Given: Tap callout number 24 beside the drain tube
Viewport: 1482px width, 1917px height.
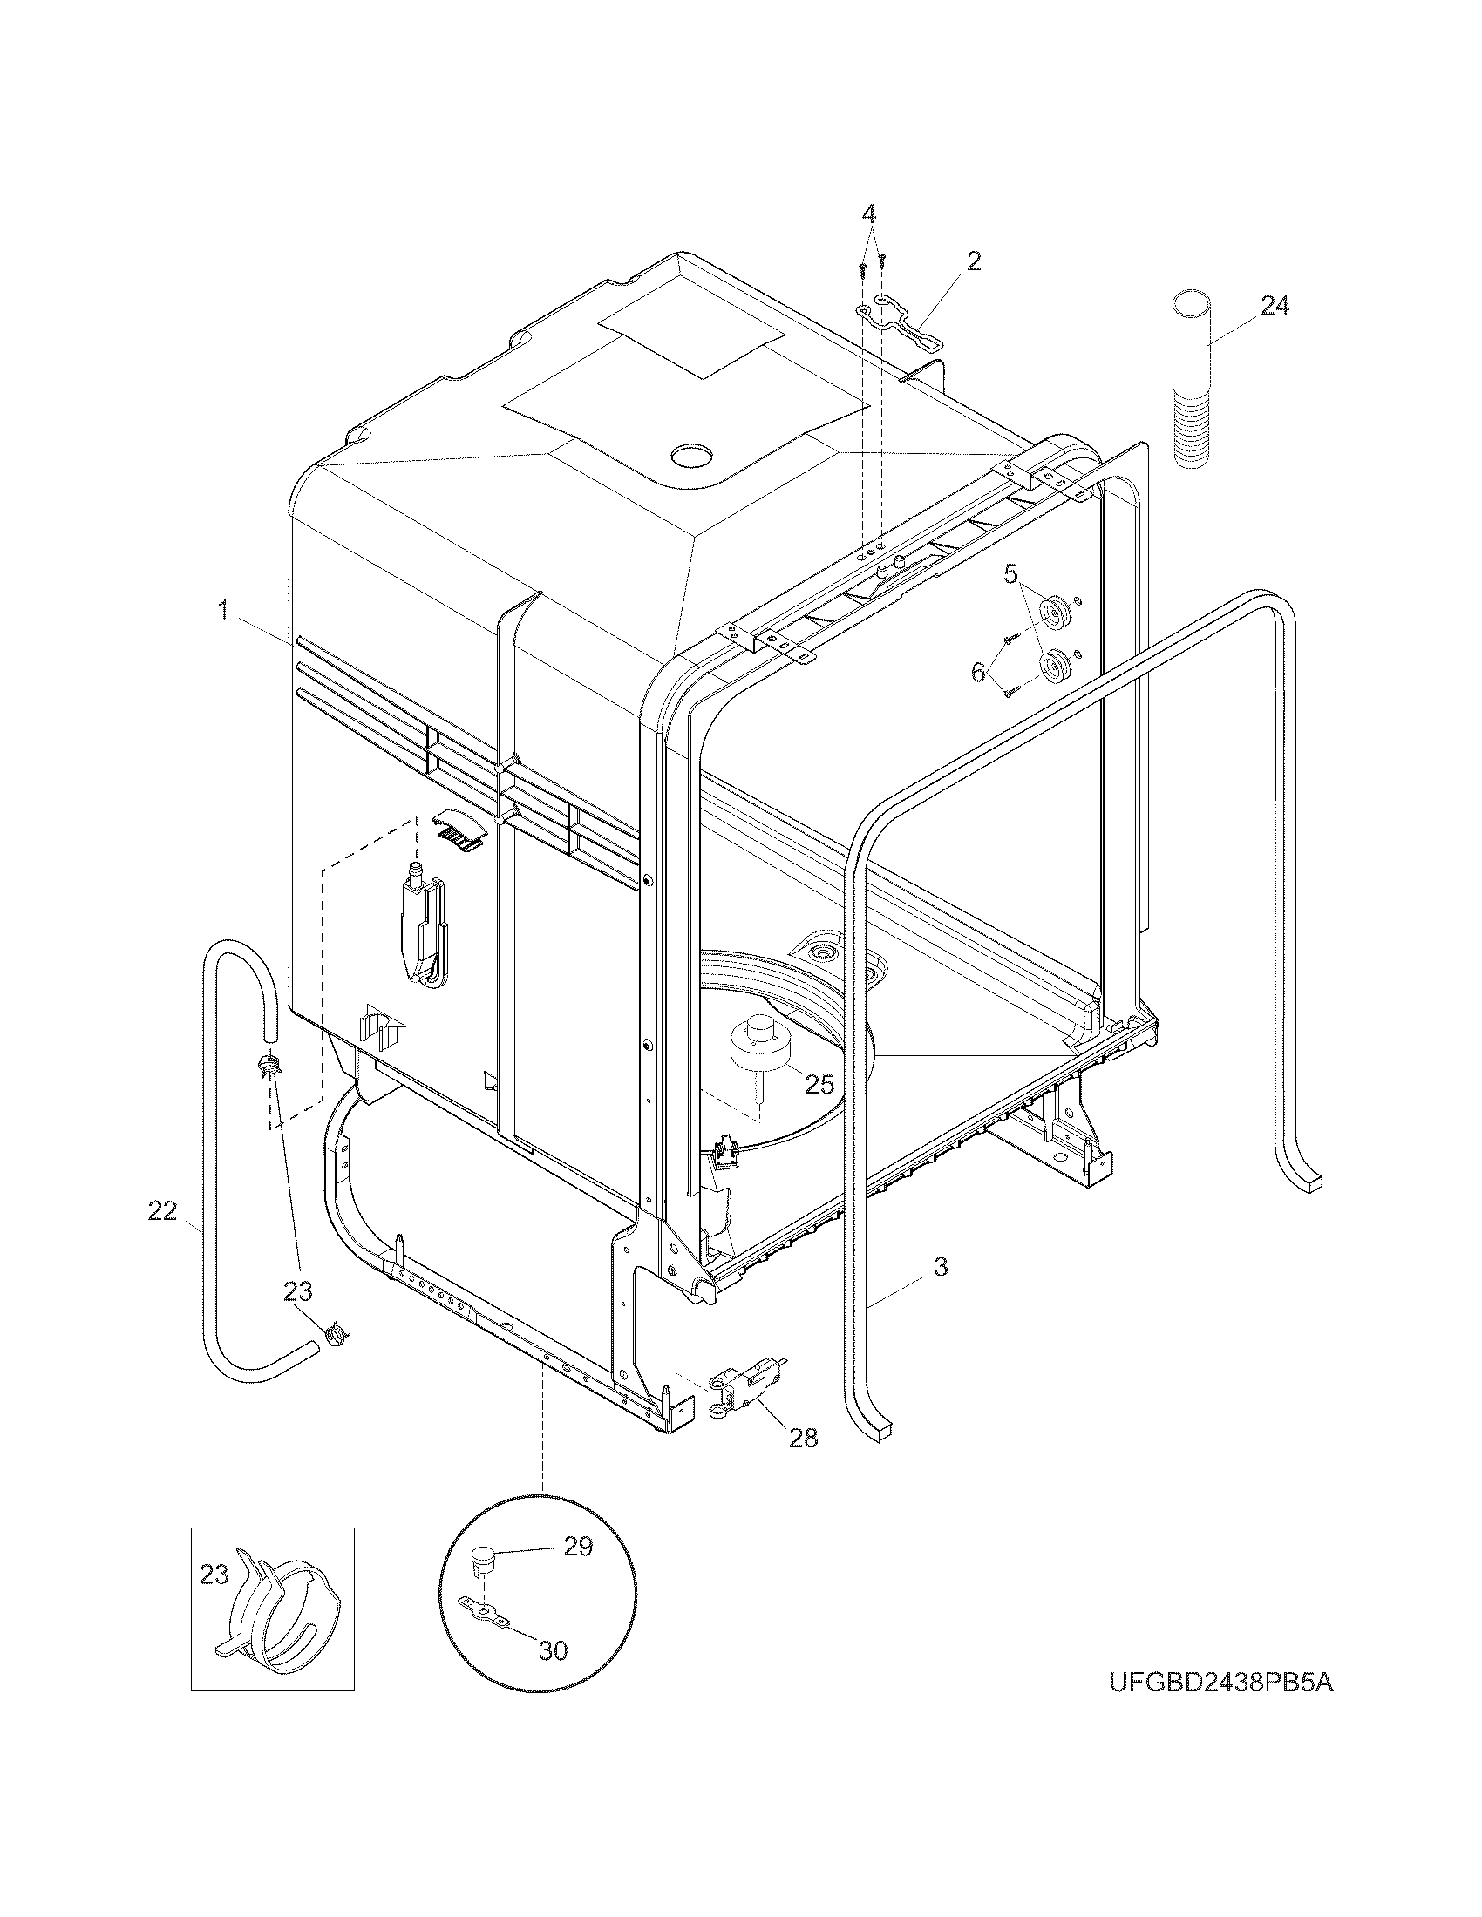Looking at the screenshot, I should point(1275,306).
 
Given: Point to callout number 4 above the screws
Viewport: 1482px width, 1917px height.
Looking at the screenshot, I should point(867,213).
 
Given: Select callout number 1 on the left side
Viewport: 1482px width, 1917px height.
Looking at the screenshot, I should point(224,610).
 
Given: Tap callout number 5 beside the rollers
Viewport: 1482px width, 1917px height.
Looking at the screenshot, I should point(1010,576).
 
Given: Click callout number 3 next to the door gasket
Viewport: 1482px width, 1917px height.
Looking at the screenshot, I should point(940,1267).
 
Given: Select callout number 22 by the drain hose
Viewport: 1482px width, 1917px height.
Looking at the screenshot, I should point(162,1211).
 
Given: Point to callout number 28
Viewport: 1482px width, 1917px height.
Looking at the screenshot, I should point(802,1437).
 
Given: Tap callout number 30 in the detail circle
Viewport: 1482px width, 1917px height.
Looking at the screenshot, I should point(552,1649).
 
